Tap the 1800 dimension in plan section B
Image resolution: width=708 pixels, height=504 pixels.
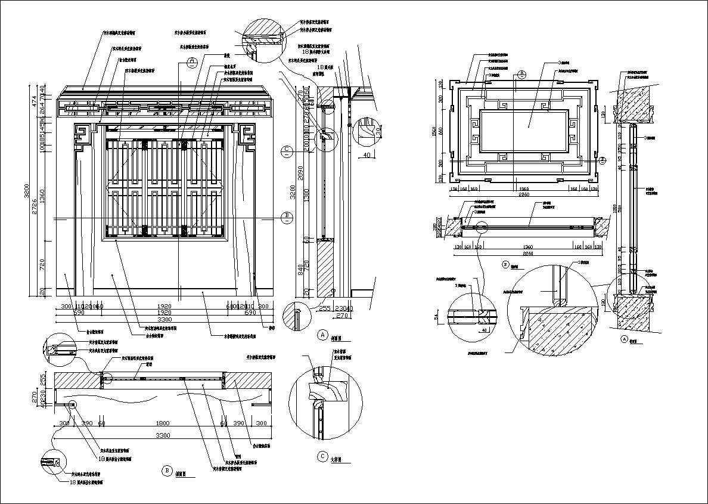pos(162,423)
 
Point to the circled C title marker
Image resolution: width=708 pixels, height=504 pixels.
pos(322,457)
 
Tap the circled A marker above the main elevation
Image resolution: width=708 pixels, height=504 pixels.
pos(191,61)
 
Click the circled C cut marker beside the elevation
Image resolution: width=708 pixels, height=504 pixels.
pos(287,151)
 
